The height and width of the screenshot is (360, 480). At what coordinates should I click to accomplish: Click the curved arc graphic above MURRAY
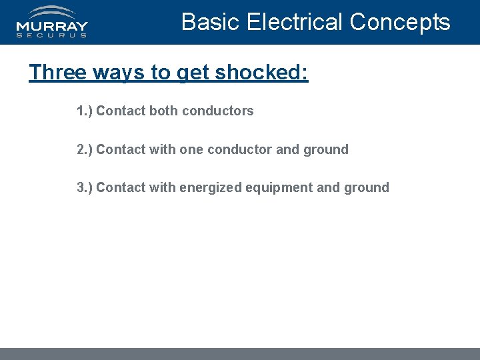point(53,12)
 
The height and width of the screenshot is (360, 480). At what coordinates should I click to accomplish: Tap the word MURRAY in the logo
point(52,27)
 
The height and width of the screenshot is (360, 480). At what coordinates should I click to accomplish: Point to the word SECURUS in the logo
point(52,35)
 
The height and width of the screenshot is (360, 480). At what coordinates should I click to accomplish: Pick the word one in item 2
point(191,149)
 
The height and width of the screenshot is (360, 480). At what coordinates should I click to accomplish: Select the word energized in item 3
point(210,187)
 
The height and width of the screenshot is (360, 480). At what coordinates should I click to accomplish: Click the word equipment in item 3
point(279,187)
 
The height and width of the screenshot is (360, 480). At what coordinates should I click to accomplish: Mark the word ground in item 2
point(326,149)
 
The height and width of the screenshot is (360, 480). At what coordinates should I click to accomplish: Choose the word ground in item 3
point(367,187)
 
